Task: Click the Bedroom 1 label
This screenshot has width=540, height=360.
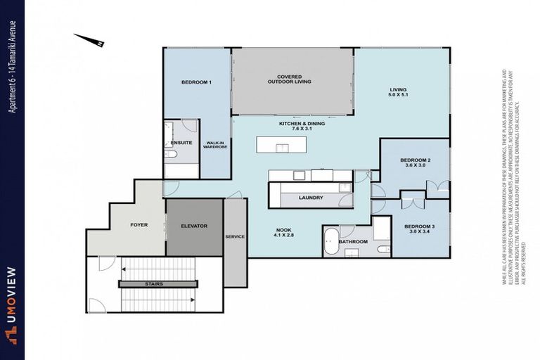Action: click(196, 82)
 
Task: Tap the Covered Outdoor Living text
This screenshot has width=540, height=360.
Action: click(290, 79)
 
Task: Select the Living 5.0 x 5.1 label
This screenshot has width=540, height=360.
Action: click(399, 93)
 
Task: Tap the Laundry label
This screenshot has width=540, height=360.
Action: click(310, 198)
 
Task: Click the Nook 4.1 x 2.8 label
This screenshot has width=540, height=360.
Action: click(285, 233)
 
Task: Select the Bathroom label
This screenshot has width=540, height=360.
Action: click(353, 242)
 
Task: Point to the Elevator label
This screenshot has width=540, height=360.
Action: click(194, 226)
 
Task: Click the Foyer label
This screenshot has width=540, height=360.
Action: click(139, 226)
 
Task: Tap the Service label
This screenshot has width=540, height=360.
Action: click(235, 236)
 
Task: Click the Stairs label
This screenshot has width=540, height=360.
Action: click(154, 284)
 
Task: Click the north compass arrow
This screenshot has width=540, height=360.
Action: click(89, 39)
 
